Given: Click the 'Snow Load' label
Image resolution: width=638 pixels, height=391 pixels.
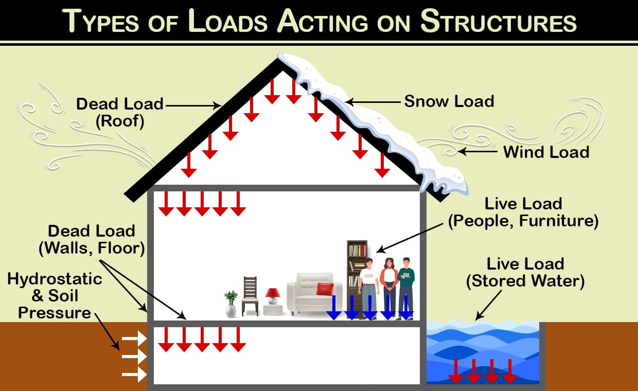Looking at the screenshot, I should pos(449,101).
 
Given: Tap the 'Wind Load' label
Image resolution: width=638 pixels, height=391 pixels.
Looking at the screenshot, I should pos(546,152).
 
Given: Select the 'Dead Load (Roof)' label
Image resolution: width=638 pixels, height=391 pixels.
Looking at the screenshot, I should pos(119,112).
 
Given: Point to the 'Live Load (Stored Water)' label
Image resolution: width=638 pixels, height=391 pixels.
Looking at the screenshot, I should pos(525,273).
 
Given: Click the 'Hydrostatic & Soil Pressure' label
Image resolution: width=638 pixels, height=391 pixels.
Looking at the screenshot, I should pos(55,296).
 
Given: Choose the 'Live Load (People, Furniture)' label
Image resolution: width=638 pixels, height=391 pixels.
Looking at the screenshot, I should pos(524,212).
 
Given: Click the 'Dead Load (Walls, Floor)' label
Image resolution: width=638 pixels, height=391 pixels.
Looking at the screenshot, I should pos(92,239).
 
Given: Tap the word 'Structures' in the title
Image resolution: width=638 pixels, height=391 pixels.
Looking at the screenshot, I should pos(498,22).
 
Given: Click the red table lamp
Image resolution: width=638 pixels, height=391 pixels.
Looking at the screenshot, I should pos(273,296).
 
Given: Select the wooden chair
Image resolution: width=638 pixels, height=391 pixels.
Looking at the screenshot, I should pos(250,296).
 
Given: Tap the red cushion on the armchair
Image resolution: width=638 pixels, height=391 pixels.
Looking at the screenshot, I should pos(325,289).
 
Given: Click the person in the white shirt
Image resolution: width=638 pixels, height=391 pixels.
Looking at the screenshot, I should pos(369,288).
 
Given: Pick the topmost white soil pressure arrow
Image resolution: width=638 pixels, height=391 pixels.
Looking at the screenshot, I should pos(134,339).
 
